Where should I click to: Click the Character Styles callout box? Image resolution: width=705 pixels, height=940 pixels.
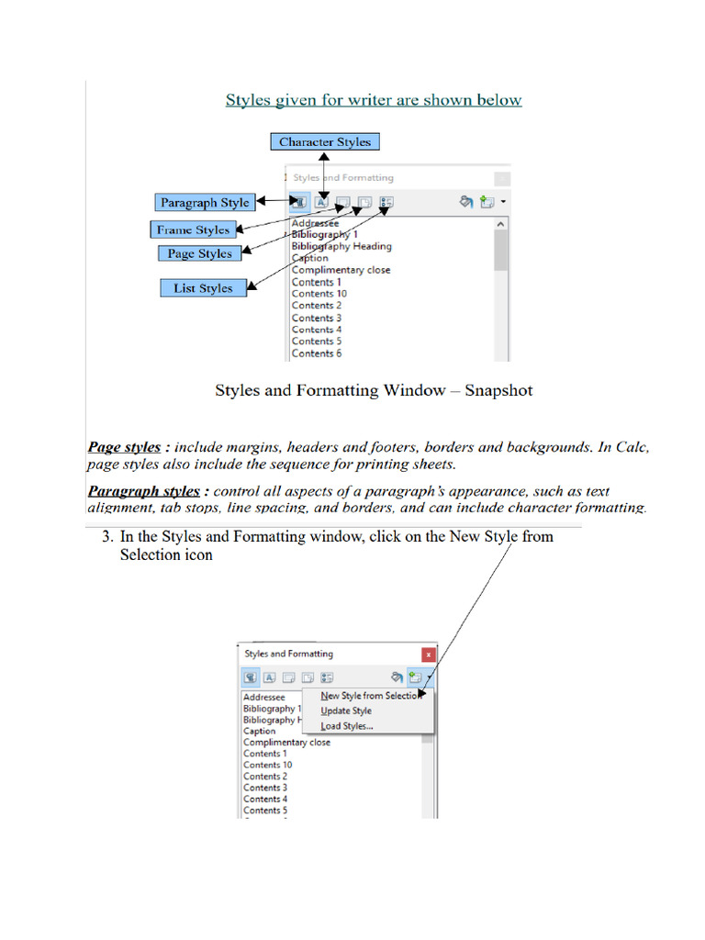pos(325,141)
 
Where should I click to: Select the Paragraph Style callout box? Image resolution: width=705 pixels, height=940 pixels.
pos(205,202)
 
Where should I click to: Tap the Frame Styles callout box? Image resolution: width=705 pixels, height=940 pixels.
pos(193,229)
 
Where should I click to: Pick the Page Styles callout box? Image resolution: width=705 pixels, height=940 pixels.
pos(200,253)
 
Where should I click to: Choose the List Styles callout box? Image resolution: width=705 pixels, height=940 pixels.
pos(203,288)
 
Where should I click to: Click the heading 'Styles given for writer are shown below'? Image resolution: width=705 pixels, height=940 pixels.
pos(374,100)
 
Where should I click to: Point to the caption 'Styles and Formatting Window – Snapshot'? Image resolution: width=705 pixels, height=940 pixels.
pos(374,390)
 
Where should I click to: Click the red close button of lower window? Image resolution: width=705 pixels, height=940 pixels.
pos(428,655)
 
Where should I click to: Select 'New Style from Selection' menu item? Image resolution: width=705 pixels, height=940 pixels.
pos(369,696)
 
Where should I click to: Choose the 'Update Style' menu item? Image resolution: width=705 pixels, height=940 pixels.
pos(346,711)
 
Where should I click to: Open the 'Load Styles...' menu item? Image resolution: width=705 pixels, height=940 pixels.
pos(347,726)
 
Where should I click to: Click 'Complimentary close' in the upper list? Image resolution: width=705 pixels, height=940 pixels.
pos(341,270)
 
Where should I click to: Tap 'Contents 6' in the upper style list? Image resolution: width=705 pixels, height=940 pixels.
pos(317,353)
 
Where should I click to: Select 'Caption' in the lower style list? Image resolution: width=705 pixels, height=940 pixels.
pos(259,732)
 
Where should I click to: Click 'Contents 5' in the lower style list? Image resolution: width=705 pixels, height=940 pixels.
pos(265,811)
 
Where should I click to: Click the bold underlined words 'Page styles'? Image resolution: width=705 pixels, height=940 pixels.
pos(124,448)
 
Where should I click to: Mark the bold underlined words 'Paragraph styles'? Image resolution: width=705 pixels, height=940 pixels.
pos(143,491)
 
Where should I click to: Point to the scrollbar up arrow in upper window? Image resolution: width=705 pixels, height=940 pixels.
pos(500,223)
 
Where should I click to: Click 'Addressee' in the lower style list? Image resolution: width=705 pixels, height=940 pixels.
pos(263,698)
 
